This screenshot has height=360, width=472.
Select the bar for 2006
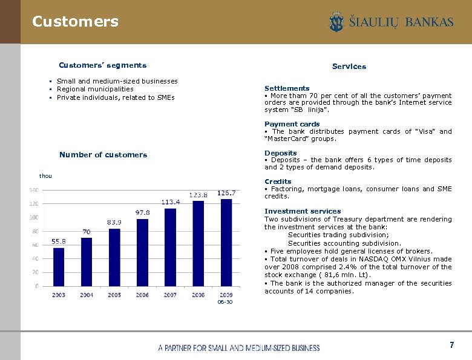(143, 253)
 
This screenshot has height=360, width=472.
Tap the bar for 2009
(226, 243)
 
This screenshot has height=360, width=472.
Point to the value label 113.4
(170, 201)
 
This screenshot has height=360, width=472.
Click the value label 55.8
(59, 241)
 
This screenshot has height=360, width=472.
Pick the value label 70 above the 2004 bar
(87, 231)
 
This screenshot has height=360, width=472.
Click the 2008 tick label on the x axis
(198, 295)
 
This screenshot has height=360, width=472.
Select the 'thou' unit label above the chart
(45, 176)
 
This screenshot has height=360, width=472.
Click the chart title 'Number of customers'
(103, 155)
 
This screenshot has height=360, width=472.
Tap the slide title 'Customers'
(75, 22)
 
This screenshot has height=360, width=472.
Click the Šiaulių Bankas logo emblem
(336, 22)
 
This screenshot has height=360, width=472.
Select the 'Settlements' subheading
(287, 88)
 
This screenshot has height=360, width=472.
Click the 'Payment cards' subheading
(292, 124)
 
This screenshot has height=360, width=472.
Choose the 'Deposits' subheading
(281, 153)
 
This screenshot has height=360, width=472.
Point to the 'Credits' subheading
(278, 182)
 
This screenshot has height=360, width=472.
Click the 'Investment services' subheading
(303, 211)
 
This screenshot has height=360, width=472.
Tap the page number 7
(451, 345)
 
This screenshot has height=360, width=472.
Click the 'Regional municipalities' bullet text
(95, 89)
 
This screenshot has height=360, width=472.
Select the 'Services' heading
(349, 67)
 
